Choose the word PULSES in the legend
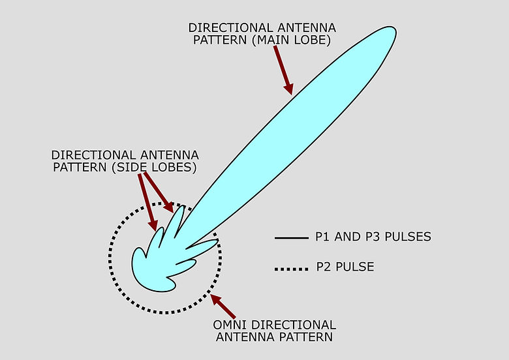tap(408, 237)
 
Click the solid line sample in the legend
tap(291, 238)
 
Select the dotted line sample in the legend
tap(291, 267)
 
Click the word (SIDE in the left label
tap(130, 169)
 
